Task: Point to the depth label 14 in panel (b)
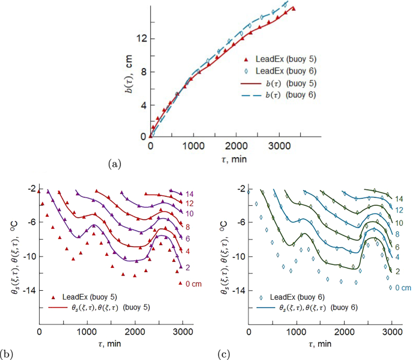click(190, 193)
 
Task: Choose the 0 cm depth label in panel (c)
click(399, 288)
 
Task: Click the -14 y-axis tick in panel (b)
click(26, 290)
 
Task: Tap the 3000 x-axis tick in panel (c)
click(392, 331)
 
